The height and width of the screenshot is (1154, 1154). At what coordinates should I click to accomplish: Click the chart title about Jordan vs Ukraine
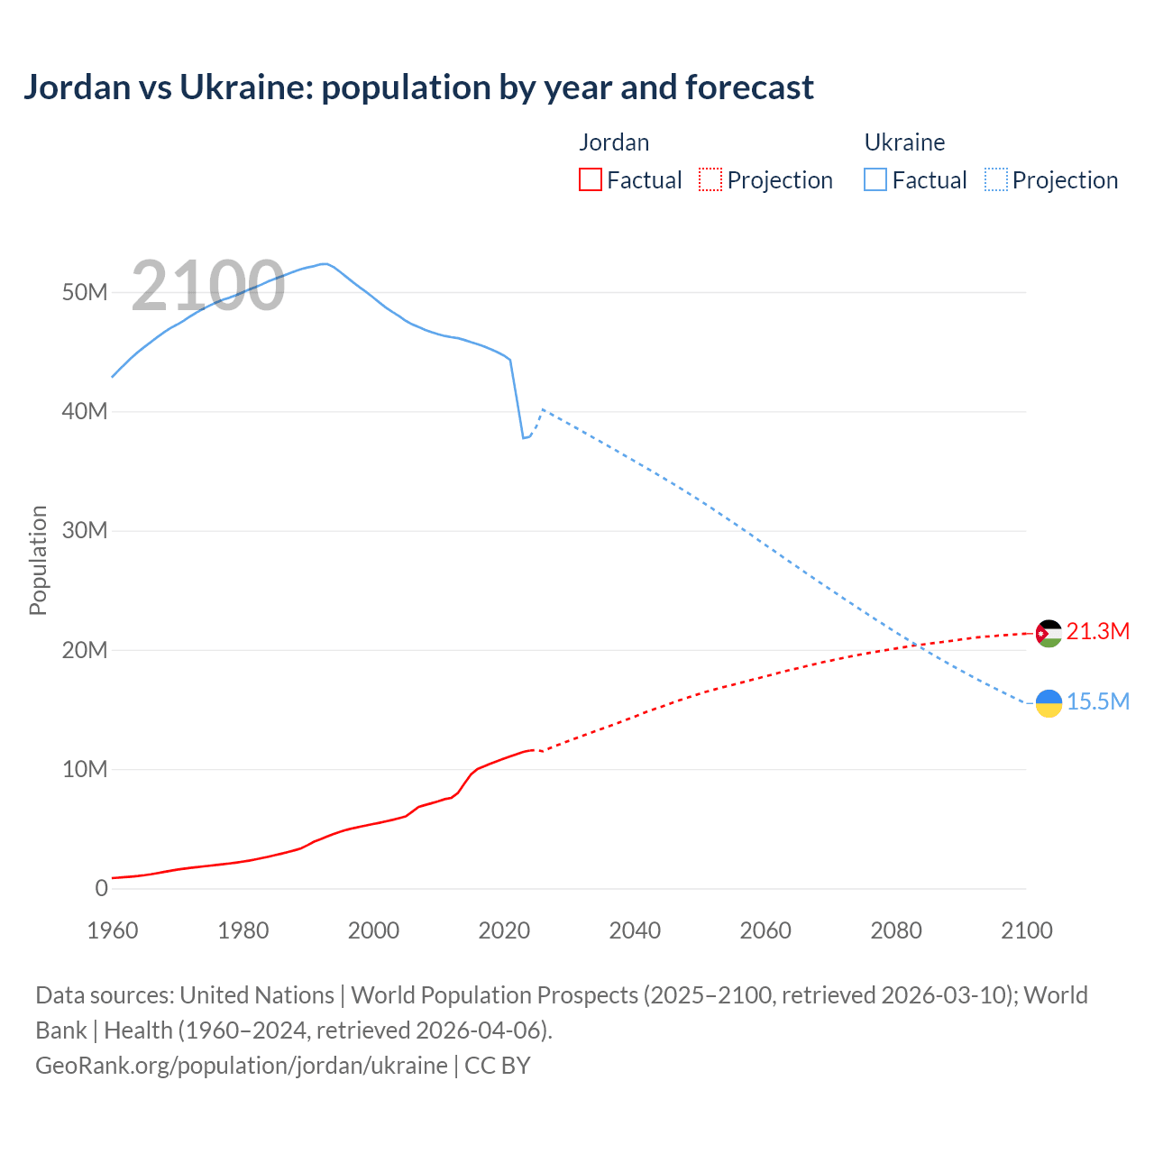[418, 87]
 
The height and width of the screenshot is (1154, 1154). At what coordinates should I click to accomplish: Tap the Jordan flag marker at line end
[1049, 633]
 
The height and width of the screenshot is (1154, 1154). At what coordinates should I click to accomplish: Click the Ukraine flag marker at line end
[1049, 703]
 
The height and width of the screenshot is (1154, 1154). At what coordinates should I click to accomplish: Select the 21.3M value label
[1097, 631]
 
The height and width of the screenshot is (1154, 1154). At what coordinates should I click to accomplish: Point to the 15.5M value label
[1097, 701]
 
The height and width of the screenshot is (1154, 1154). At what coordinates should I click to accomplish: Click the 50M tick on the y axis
[85, 292]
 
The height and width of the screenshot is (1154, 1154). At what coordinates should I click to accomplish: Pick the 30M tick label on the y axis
[85, 530]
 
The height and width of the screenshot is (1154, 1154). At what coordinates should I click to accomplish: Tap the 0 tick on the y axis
[101, 888]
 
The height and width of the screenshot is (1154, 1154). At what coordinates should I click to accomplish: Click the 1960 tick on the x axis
[113, 930]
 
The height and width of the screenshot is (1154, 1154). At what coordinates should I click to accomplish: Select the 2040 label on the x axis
[635, 930]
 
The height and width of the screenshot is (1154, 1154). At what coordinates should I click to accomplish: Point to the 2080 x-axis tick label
[896, 930]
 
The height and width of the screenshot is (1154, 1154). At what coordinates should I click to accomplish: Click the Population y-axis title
[38, 560]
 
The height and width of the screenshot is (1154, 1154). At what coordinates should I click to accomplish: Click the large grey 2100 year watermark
[208, 286]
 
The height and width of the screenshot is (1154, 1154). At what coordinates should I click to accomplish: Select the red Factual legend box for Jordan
[591, 179]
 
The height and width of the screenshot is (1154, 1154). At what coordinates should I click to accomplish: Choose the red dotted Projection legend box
[710, 179]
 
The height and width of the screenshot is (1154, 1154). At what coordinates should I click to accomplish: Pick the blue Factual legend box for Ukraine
[875, 179]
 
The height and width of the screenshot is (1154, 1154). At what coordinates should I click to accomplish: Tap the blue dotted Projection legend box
[995, 179]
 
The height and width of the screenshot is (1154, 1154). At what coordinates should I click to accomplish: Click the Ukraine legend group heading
[904, 142]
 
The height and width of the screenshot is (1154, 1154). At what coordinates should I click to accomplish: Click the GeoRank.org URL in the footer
[241, 1066]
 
